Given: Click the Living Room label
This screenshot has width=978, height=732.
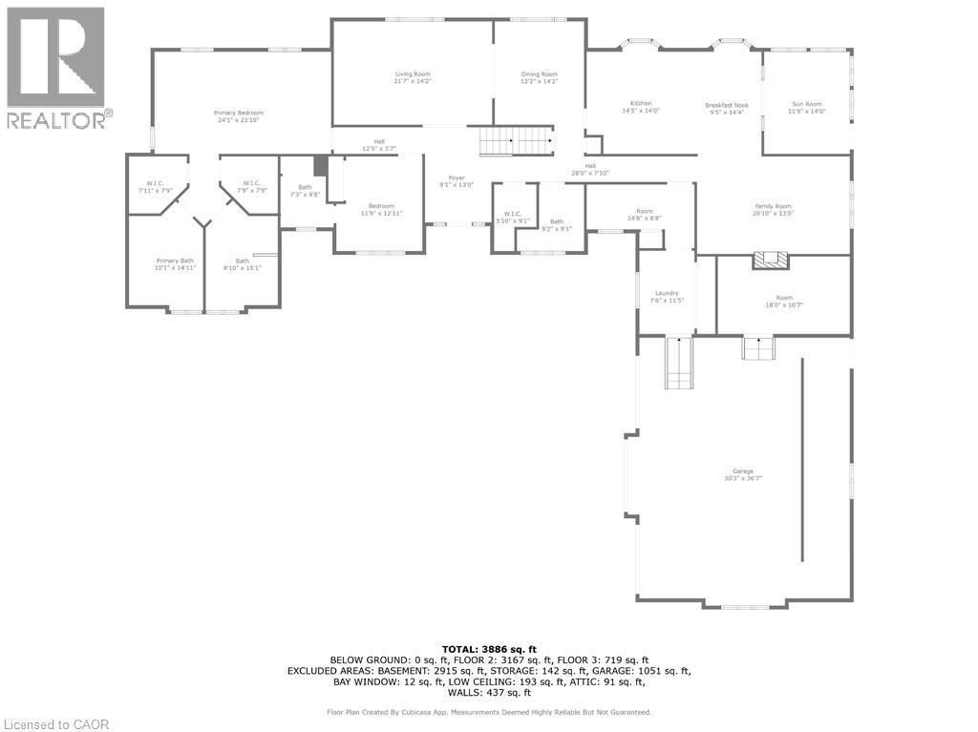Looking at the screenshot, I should (x=413, y=73).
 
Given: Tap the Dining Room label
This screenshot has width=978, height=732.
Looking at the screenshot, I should (x=539, y=73).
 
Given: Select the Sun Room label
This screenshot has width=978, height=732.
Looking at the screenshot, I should (x=806, y=103).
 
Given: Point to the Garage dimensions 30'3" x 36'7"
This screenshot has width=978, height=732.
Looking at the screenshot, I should (x=743, y=478).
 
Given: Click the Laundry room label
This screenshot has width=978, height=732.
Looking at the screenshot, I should (x=667, y=293).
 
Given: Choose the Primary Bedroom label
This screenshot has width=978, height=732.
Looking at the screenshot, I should (x=238, y=113).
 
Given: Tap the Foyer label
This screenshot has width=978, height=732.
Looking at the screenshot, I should (x=457, y=178).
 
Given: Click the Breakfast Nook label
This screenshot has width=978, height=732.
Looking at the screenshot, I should (x=727, y=105).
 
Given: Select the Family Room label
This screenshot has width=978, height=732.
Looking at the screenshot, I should (x=774, y=206).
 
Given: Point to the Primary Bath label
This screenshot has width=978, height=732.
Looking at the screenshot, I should (x=175, y=261).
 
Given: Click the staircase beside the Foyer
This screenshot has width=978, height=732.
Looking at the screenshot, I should (x=516, y=141).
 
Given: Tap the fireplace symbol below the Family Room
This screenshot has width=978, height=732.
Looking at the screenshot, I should (x=770, y=259).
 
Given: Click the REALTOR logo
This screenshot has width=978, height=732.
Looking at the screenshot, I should (x=57, y=68).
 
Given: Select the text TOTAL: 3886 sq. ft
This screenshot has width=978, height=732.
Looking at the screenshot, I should (x=489, y=648).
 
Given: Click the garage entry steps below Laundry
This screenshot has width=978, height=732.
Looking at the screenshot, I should (x=678, y=363).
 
